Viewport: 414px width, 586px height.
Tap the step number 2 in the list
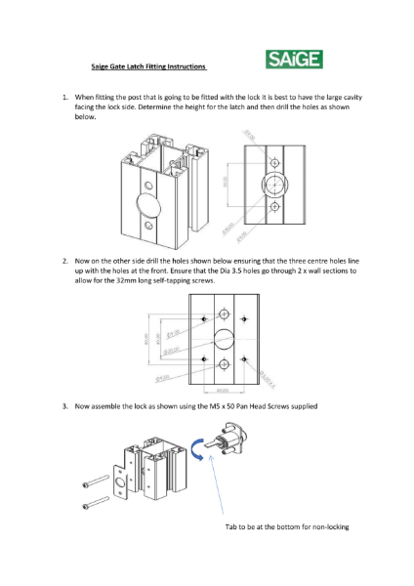point(64,261)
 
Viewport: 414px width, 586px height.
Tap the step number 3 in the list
point(64,404)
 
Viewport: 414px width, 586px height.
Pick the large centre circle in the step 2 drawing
point(224,338)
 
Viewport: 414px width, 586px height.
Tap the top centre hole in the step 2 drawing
point(224,314)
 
